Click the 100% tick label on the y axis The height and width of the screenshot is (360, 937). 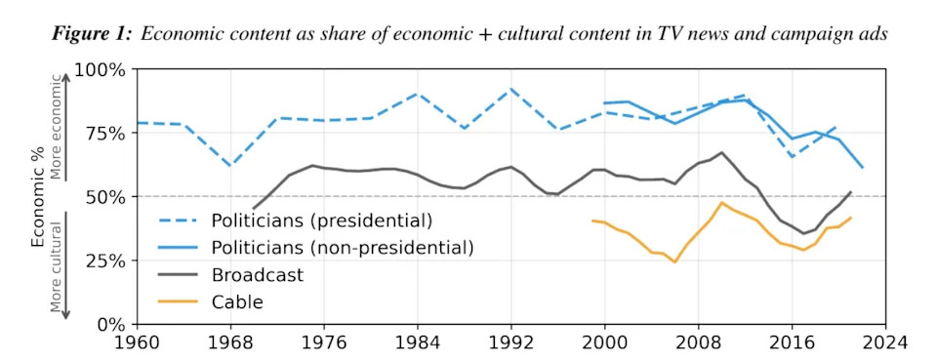pyautogui.click(x=102, y=70)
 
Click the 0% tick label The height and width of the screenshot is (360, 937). pyautogui.click(x=110, y=324)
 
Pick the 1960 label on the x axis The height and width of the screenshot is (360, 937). pyautogui.click(x=138, y=343)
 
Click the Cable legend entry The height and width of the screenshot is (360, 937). pyautogui.click(x=237, y=302)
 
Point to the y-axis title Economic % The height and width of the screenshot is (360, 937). pyautogui.click(x=38, y=197)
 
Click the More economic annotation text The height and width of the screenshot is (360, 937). pyautogui.click(x=57, y=127)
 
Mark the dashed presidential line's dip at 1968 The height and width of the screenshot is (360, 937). pyautogui.click(x=230, y=166)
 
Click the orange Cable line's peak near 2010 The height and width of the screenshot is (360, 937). pyautogui.click(x=720, y=203)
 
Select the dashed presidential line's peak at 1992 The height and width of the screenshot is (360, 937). pyautogui.click(x=510, y=89)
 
